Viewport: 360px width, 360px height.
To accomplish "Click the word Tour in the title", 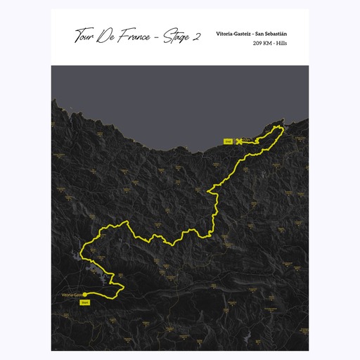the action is (x=87, y=37).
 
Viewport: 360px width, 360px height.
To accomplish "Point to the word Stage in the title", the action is (x=177, y=37).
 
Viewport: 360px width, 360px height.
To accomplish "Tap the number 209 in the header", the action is (x=259, y=43).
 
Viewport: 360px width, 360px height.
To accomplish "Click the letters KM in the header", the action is (x=271, y=43).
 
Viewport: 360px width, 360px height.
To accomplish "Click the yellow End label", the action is (x=227, y=141).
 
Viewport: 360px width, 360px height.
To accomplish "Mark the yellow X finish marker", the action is (x=240, y=141).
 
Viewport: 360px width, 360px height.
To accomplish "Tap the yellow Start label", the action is (x=85, y=302).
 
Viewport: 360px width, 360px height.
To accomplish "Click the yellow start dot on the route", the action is (x=86, y=294).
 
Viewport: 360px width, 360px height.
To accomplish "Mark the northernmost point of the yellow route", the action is (x=282, y=126).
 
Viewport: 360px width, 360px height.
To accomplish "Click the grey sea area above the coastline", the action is (x=176, y=98).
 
